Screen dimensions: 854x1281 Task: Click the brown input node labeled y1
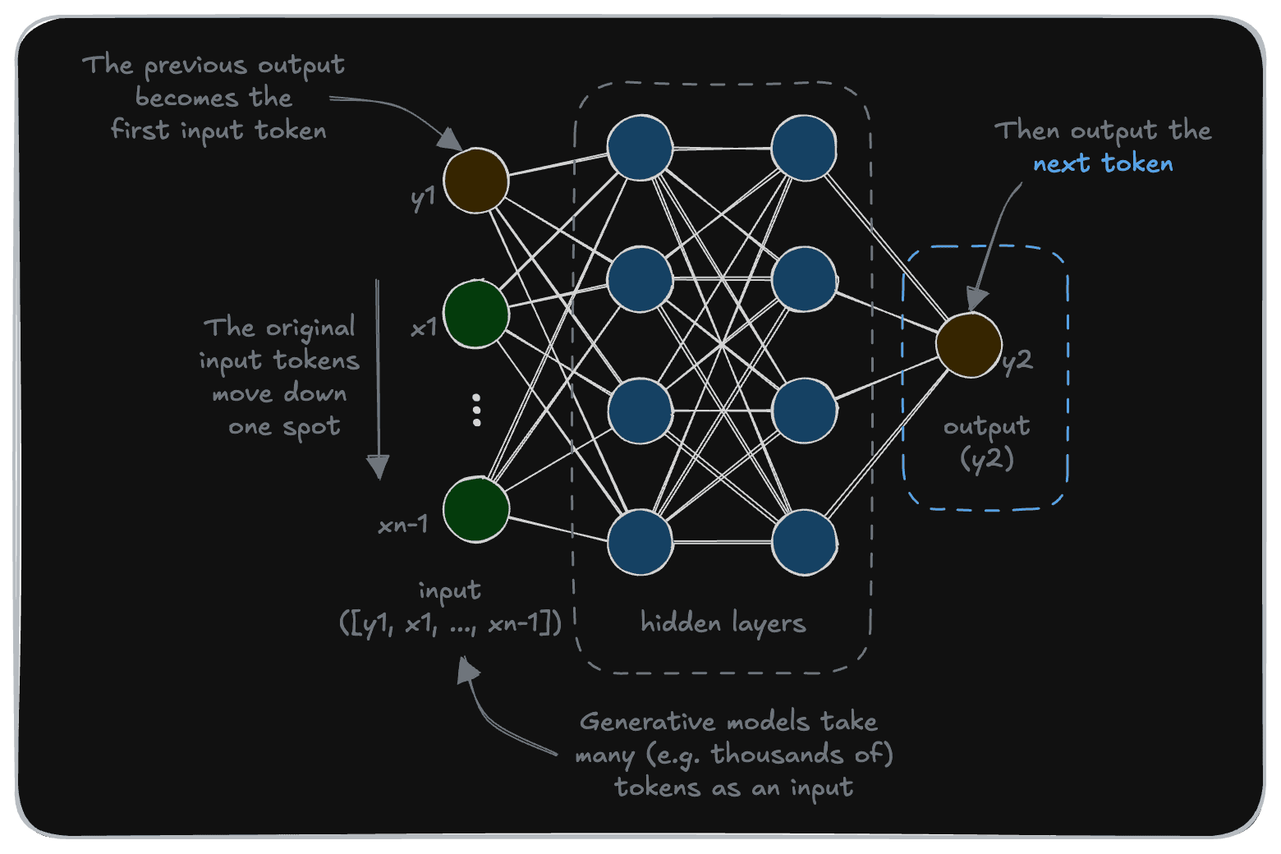point(475,181)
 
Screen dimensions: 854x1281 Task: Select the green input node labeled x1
point(475,313)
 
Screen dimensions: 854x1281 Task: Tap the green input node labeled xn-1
point(475,509)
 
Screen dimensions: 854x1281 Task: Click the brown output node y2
point(969,345)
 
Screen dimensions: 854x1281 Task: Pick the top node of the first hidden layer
point(640,148)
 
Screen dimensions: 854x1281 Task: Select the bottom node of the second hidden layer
point(804,542)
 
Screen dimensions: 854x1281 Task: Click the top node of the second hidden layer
point(804,148)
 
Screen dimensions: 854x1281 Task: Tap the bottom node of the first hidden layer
point(640,542)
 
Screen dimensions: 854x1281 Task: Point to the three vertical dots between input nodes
point(476,410)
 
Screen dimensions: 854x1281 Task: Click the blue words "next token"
point(1103,163)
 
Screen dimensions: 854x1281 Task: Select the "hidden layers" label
point(723,623)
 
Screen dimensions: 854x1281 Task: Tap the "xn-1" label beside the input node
point(402,525)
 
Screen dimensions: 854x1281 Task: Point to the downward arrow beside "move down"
point(378,378)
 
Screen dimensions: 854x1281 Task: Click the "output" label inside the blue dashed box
point(986,426)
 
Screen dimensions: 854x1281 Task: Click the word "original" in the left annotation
point(310,328)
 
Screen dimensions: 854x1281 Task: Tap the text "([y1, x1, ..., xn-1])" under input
point(450,623)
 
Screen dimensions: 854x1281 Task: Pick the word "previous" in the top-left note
point(196,66)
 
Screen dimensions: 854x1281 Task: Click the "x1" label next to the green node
point(424,328)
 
